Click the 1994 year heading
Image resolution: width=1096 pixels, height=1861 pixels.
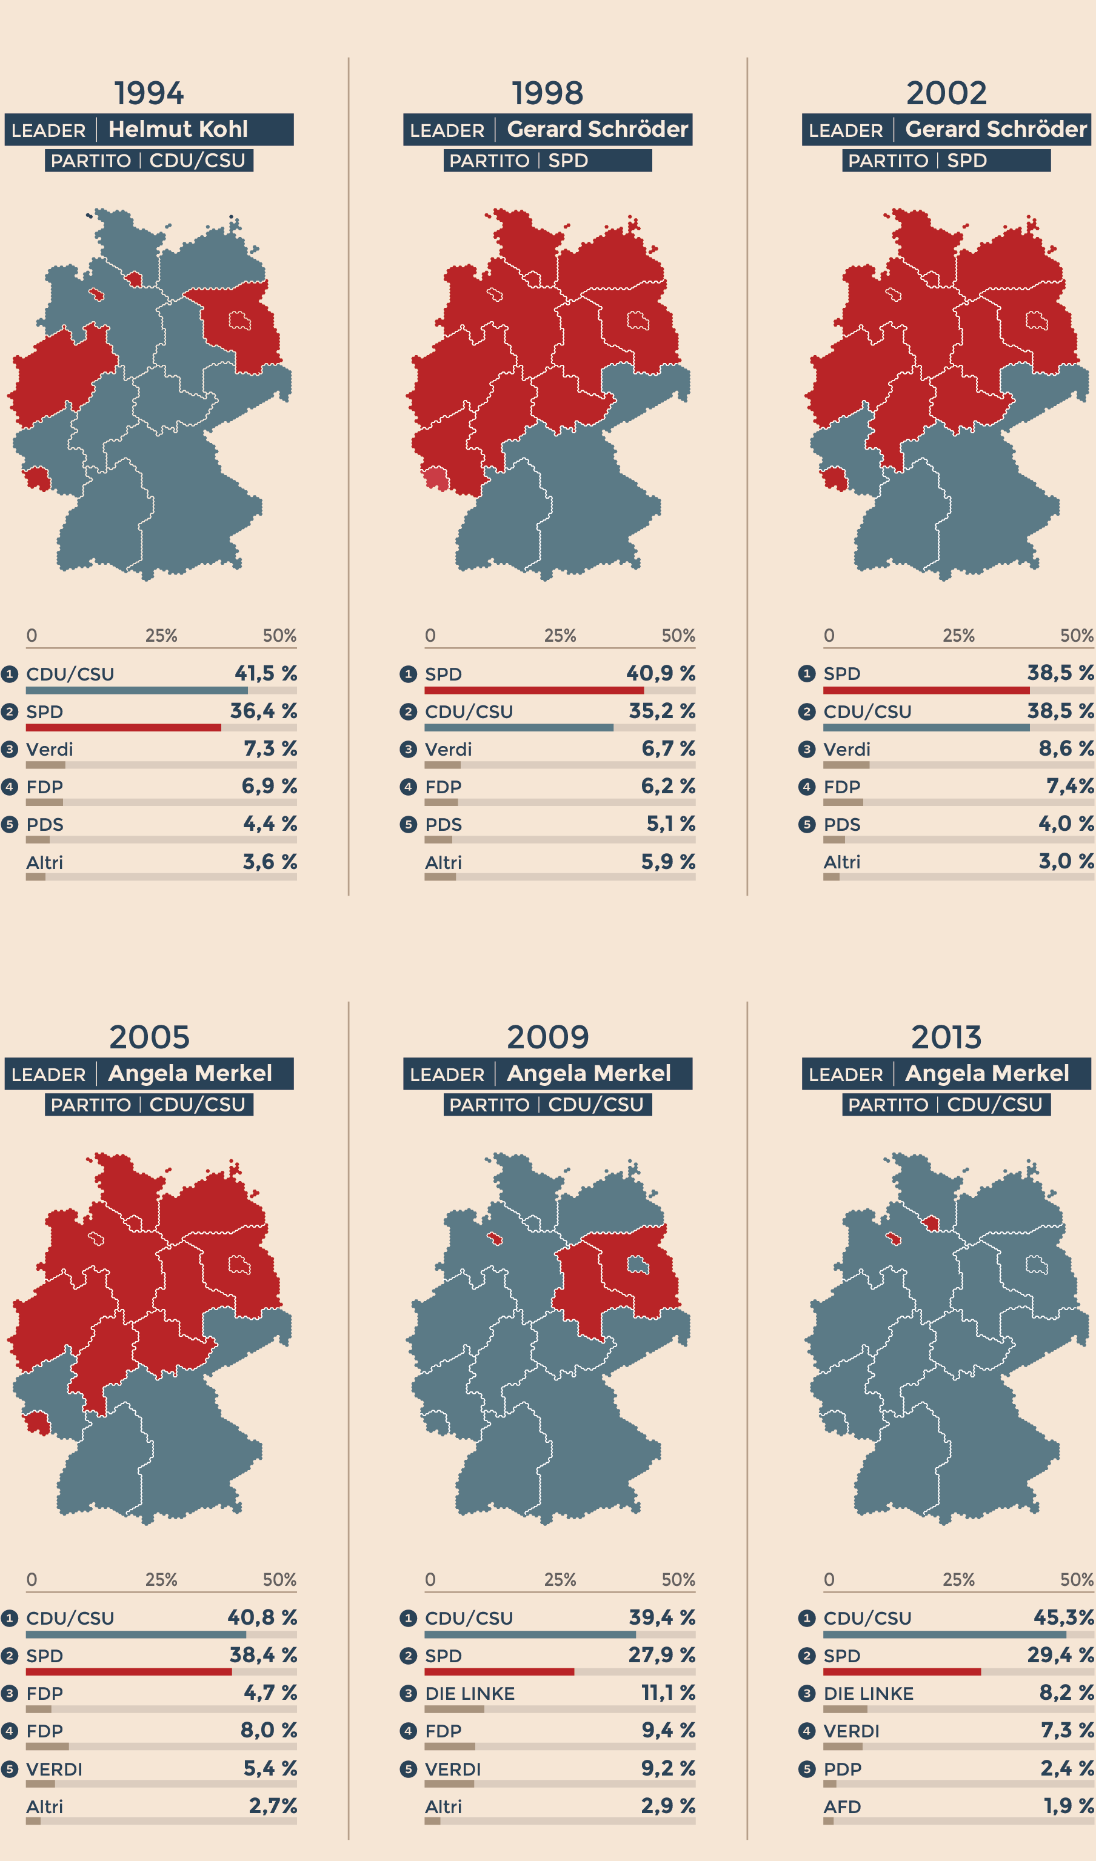coord(149,94)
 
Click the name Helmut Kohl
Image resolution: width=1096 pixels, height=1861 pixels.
coord(178,129)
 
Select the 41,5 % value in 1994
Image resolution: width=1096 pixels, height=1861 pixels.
coord(266,673)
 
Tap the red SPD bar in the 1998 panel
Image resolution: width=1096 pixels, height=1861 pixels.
coord(534,690)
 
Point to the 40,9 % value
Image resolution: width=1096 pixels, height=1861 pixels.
coord(660,673)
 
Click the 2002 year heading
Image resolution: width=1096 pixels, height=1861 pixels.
coord(946,94)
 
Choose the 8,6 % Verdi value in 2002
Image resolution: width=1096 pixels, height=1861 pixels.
coord(1066,749)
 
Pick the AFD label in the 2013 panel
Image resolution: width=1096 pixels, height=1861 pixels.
coord(842,1807)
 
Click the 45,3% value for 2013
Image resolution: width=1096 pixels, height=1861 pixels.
coord(1063,1617)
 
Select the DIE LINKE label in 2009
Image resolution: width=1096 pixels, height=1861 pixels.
coord(470,1693)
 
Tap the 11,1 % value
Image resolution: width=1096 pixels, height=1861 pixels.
coord(667,1693)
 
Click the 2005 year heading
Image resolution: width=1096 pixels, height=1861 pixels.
coord(149,1037)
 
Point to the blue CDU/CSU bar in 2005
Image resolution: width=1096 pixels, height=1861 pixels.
coord(136,1635)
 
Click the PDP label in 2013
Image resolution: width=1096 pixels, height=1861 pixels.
coord(842,1769)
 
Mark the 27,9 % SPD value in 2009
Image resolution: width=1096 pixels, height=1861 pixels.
coord(662,1655)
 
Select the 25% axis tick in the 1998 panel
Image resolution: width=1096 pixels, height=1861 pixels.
coord(560,636)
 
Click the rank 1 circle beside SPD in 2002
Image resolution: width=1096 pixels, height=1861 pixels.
coord(806,673)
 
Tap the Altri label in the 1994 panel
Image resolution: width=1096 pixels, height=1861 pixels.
coord(44,862)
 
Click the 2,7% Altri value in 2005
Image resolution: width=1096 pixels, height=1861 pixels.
coord(273,1806)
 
